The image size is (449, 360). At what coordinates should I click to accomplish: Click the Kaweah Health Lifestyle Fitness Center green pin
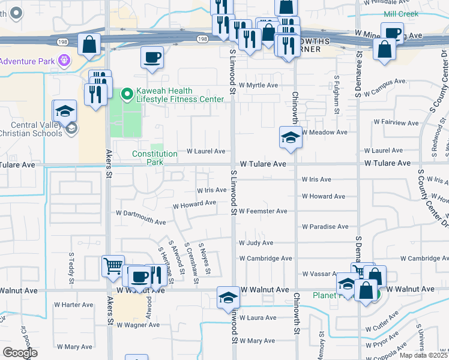tap(127, 94)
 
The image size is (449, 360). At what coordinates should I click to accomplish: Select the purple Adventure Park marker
tap(64, 61)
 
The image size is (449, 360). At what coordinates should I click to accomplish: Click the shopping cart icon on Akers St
tap(112, 266)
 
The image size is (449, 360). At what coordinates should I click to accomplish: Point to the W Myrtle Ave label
tap(258, 85)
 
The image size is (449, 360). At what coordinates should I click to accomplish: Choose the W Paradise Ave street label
tap(325, 227)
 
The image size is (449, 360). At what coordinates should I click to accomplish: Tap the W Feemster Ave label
tap(263, 211)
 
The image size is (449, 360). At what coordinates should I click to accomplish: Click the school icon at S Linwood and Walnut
tap(228, 298)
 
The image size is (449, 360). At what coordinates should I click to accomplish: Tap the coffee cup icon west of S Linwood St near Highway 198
tap(152, 58)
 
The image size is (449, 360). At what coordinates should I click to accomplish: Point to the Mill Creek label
tap(402, 13)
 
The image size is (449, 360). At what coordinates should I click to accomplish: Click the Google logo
tap(20, 353)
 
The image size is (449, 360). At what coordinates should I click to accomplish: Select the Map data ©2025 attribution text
tap(424, 355)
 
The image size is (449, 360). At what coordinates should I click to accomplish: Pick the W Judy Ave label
tap(256, 243)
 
